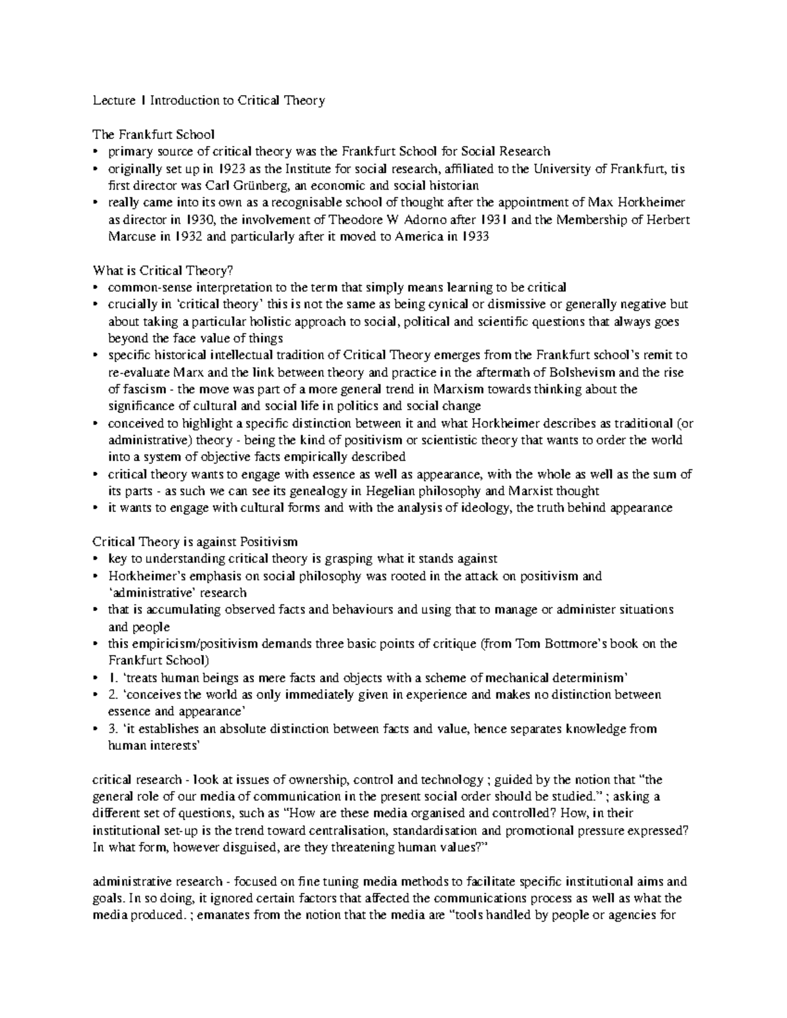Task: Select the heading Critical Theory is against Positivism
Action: [195, 542]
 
